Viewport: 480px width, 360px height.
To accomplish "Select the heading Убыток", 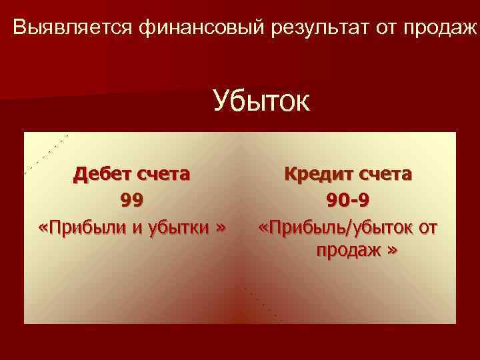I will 261,103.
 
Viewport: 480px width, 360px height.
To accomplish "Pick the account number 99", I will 132,200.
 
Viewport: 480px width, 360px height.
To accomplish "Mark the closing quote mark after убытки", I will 221,227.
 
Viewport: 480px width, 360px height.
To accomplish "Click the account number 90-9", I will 348,200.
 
